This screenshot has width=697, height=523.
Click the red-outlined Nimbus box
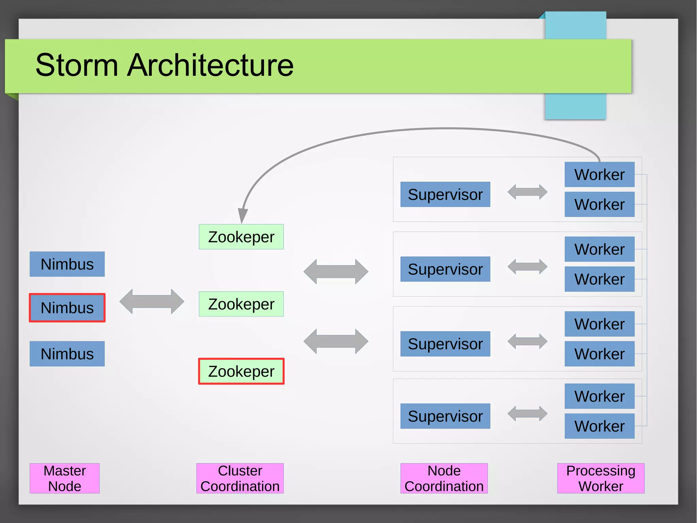pyautogui.click(x=67, y=308)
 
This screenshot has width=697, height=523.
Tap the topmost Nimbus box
pyautogui.click(x=67, y=264)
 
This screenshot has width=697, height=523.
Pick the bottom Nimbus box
pyautogui.click(x=67, y=354)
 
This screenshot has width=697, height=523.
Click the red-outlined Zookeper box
pyautogui.click(x=241, y=371)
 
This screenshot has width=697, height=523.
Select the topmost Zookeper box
pyautogui.click(x=241, y=237)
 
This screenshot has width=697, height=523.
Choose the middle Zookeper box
pyautogui.click(x=241, y=304)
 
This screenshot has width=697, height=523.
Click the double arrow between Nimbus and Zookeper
pyautogui.click(x=152, y=302)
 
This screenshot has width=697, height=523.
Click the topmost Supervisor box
pyautogui.click(x=445, y=194)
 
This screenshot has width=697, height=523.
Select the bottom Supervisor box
pyautogui.click(x=445, y=416)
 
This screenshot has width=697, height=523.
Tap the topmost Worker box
pyautogui.click(x=599, y=174)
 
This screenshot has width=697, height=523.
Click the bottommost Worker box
pyautogui.click(x=599, y=426)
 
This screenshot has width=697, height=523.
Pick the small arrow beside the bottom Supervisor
pyautogui.click(x=527, y=414)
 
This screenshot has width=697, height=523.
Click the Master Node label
pyautogui.click(x=65, y=478)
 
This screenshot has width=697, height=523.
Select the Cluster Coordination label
pyautogui.click(x=240, y=478)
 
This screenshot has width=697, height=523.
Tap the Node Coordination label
pyautogui.click(x=444, y=478)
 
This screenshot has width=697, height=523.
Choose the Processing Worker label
pyautogui.click(x=601, y=478)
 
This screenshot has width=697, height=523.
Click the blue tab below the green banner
pyautogui.click(x=575, y=106)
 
